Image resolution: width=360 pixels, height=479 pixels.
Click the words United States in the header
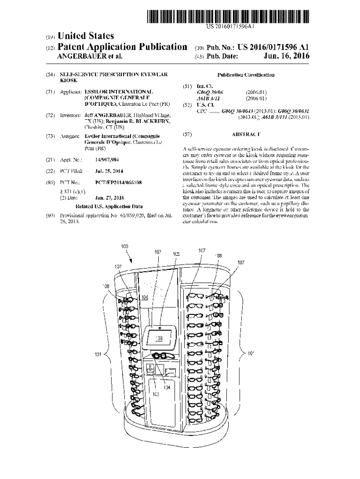coord(84,36)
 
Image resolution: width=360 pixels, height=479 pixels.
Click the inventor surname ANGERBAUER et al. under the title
coord(89,56)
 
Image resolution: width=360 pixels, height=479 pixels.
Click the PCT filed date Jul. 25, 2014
coord(109,171)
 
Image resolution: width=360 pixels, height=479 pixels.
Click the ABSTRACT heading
coord(246,135)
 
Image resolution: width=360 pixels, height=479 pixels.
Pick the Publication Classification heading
coord(246,75)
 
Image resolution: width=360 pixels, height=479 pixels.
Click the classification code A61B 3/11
coord(207,98)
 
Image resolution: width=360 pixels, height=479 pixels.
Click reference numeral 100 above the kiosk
coord(125,247)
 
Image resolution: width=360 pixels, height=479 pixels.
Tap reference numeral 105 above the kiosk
coord(176,254)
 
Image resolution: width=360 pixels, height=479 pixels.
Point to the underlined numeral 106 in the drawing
coord(145,297)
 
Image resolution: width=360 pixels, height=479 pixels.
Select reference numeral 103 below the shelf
coord(156,394)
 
